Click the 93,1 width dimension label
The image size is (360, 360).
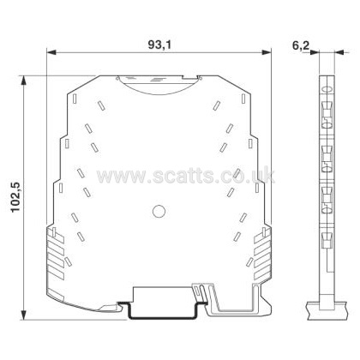[159, 45]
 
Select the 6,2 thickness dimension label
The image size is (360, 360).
[301, 45]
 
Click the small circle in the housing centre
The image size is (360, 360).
[159, 212]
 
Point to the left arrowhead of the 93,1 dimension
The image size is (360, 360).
[51, 52]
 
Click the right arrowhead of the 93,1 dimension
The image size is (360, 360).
[266, 52]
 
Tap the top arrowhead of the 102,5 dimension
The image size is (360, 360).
[24, 81]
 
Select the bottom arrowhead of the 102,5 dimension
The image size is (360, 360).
[24, 315]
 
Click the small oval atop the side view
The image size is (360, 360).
[327, 90]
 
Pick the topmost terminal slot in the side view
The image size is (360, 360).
[327, 114]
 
